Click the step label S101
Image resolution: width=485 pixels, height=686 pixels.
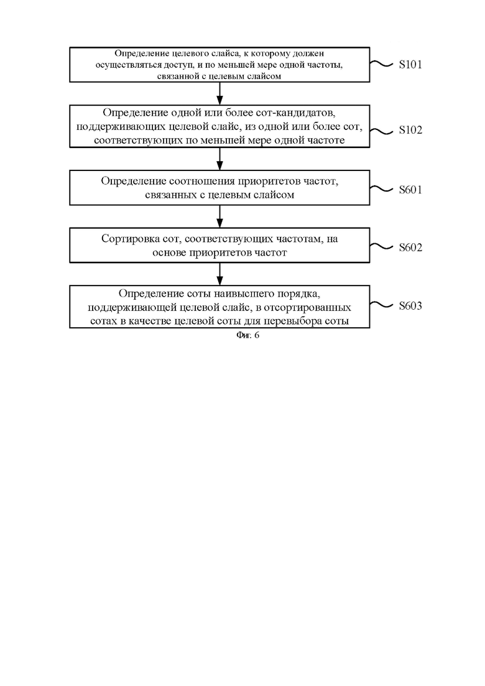tap(410, 65)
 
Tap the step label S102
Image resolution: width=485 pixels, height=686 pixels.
tap(410, 131)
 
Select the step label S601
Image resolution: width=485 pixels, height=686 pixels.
tap(410, 190)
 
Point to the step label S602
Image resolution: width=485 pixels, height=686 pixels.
tap(410, 248)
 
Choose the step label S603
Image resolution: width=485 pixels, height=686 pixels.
tap(410, 306)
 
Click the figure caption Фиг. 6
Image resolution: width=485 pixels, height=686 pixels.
tap(247, 336)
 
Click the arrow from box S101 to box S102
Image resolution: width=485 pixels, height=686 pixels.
tap(219, 93)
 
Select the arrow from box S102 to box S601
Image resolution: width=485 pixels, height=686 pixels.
tap(219, 159)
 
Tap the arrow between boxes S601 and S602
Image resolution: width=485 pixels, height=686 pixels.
tap(219, 216)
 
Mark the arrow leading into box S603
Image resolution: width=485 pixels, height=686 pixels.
tap(219, 274)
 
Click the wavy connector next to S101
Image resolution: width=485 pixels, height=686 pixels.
tap(381, 64)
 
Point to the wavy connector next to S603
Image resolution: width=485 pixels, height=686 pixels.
tap(381, 305)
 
